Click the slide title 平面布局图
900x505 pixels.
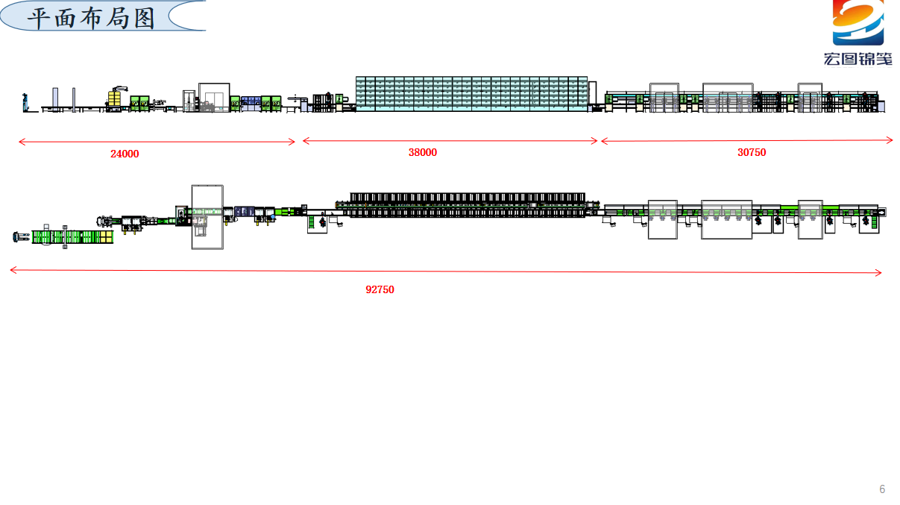(91, 19)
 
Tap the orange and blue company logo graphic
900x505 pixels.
(857, 22)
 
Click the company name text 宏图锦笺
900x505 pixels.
(857, 59)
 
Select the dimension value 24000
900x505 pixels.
(125, 154)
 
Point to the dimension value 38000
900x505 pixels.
(423, 152)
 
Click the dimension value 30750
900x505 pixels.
(752, 152)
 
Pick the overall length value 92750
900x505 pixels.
(380, 290)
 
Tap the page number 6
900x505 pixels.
(882, 489)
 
